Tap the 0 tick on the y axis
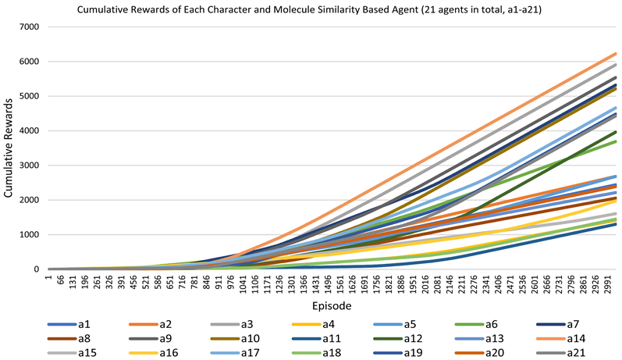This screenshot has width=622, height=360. (x=38, y=269)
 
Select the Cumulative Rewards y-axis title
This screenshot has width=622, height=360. (x=9, y=148)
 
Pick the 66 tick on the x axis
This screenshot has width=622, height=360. (x=59, y=282)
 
